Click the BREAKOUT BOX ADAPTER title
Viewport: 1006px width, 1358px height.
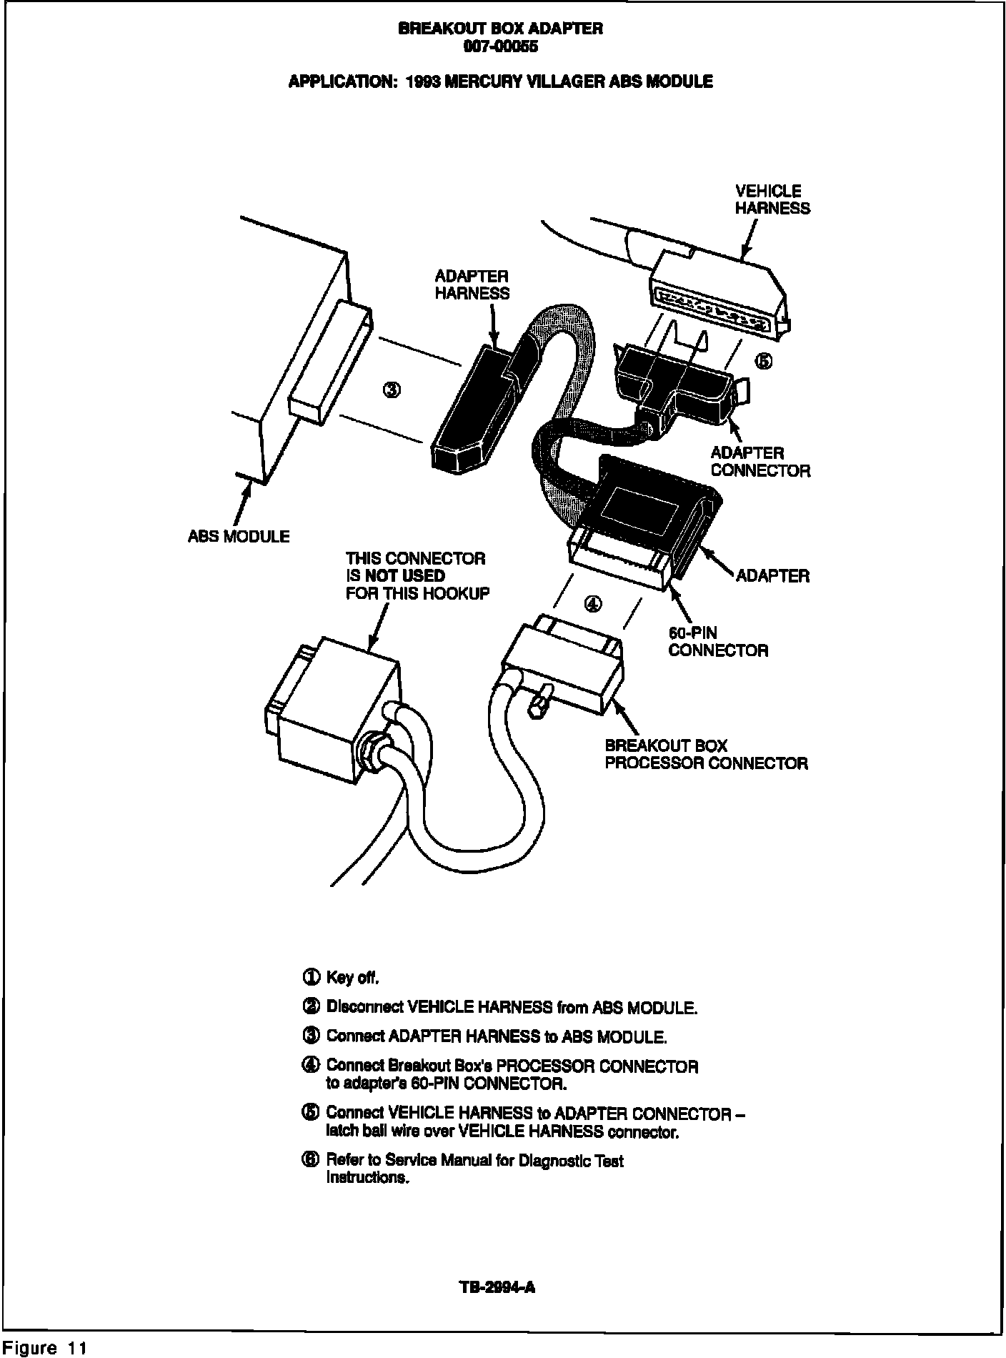point(500,29)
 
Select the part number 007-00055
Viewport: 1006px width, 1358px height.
point(500,47)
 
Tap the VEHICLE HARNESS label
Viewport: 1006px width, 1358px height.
point(772,199)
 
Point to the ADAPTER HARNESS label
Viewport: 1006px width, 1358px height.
point(472,284)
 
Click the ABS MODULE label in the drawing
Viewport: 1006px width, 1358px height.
point(239,536)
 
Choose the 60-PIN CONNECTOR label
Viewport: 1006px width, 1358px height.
point(717,641)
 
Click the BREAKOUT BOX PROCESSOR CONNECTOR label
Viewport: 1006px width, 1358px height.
point(706,754)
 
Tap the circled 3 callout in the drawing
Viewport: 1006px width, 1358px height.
point(392,390)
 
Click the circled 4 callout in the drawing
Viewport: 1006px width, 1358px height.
point(592,604)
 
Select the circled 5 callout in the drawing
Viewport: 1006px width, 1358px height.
point(764,361)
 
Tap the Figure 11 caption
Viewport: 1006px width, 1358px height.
point(44,1348)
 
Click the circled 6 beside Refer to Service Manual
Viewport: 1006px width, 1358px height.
point(311,1160)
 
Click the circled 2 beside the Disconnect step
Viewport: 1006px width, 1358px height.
point(311,1007)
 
